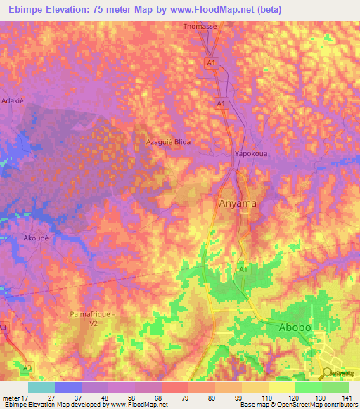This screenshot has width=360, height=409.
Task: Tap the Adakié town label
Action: tap(13, 101)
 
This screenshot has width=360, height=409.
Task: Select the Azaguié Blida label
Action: tap(168, 141)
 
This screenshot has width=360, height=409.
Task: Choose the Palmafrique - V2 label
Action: tap(92, 319)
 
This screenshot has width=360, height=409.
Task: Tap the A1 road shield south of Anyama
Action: tap(243, 269)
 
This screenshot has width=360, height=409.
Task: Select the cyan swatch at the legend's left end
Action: tap(41, 387)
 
